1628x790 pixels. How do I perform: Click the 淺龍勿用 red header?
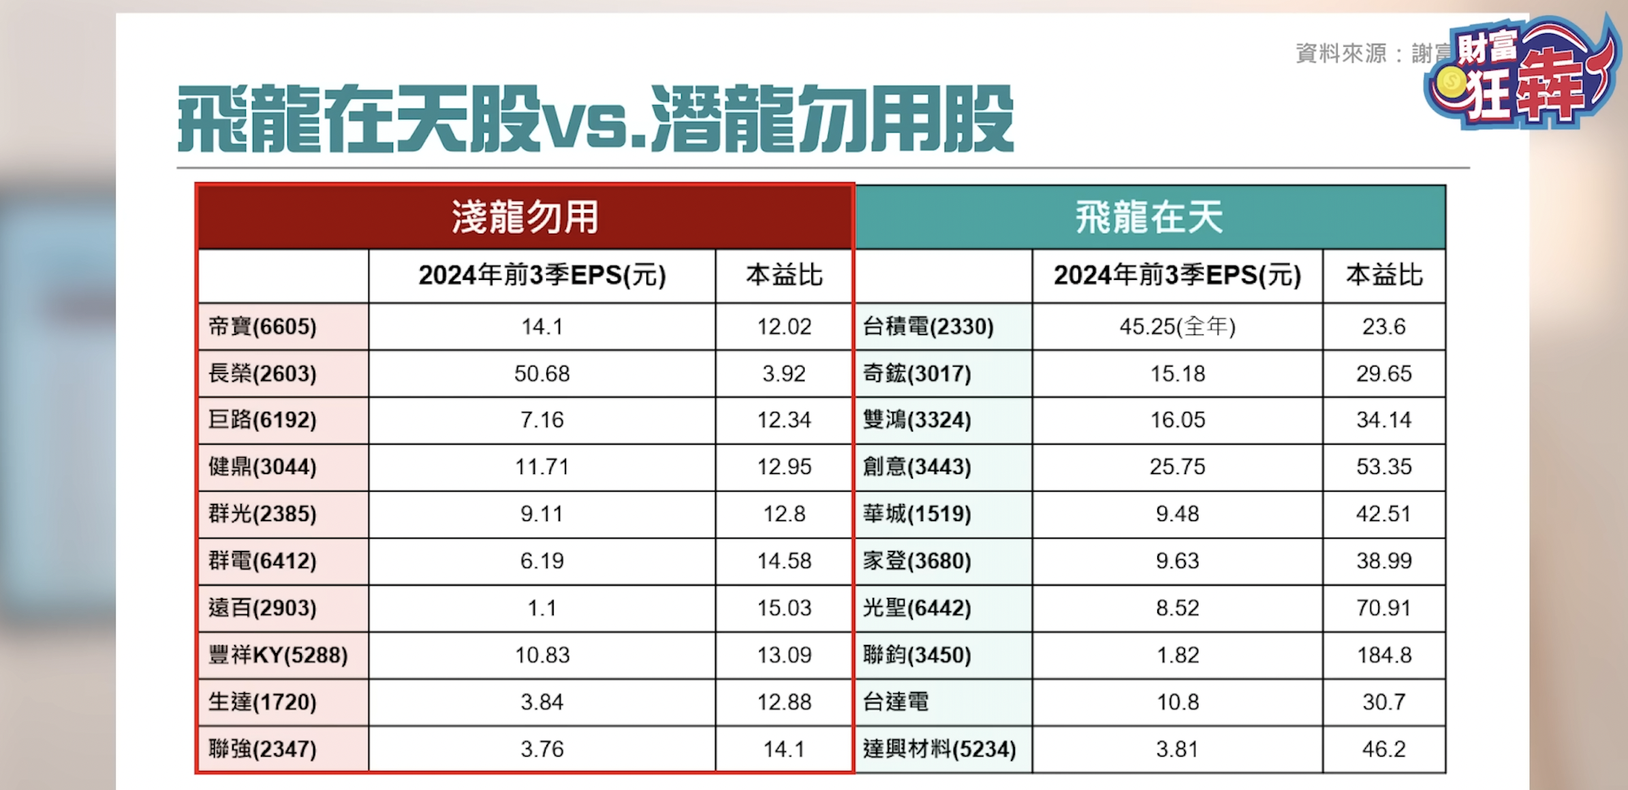click(525, 217)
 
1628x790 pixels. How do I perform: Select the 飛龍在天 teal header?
click(1149, 217)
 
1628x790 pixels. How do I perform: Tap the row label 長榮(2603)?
click(262, 374)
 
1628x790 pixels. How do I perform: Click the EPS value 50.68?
click(542, 374)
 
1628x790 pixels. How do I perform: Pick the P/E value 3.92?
click(783, 374)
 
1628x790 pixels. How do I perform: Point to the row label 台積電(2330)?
click(928, 327)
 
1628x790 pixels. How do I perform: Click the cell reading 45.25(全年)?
click(1177, 327)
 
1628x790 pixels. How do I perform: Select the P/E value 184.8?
click(1383, 655)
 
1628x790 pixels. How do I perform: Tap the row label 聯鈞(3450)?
click(917, 655)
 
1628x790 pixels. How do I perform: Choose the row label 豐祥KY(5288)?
click(278, 655)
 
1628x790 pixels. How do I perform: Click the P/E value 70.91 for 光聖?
click(1383, 607)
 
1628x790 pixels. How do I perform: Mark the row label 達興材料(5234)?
click(939, 749)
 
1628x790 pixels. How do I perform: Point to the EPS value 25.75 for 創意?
click(1177, 467)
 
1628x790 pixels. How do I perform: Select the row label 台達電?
click(896, 702)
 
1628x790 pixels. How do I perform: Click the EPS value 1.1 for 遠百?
click(542, 607)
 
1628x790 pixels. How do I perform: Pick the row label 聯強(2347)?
click(262, 749)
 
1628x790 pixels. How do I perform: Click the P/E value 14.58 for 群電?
click(783, 561)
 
